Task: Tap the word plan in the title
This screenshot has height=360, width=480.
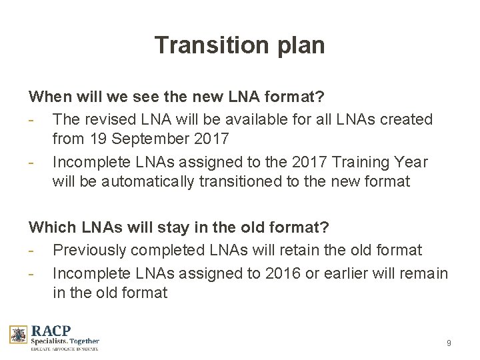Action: click(294, 46)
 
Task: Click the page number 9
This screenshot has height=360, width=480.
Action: click(449, 343)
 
